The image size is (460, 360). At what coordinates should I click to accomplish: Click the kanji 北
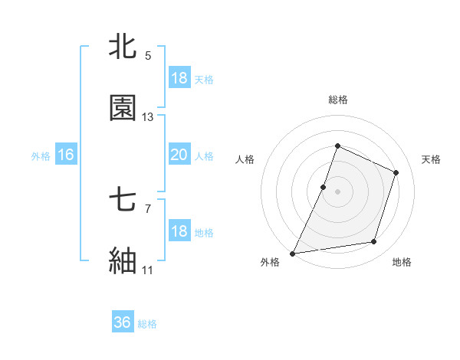pyautogui.click(x=123, y=47)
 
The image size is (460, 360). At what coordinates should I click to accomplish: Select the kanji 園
pyautogui.click(x=123, y=108)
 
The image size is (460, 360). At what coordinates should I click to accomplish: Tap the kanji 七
pyautogui.click(x=123, y=201)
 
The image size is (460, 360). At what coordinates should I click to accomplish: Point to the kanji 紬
pyautogui.click(x=123, y=261)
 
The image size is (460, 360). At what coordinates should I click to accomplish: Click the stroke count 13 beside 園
pyautogui.click(x=148, y=117)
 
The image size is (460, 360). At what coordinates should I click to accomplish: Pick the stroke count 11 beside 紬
pyautogui.click(x=148, y=270)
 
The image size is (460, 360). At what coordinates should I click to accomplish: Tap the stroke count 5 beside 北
pyautogui.click(x=148, y=55)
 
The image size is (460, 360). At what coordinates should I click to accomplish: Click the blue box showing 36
pyautogui.click(x=123, y=322)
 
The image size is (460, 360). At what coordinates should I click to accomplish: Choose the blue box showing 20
pyautogui.click(x=179, y=155)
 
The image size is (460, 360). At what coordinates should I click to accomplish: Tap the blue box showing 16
pyautogui.click(x=66, y=155)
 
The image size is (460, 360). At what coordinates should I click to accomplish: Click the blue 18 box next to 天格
pyautogui.click(x=179, y=78)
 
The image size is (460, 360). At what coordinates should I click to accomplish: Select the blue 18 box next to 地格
pyautogui.click(x=179, y=231)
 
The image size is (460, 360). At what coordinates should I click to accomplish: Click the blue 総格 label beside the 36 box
pyautogui.click(x=147, y=324)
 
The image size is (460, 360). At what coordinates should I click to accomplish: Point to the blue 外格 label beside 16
pyautogui.click(x=41, y=156)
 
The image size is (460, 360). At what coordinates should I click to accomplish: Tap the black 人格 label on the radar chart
pyautogui.click(x=245, y=159)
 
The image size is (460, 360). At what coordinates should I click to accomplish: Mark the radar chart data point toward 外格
pyautogui.click(x=293, y=253)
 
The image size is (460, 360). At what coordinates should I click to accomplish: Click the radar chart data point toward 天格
pyautogui.click(x=396, y=172)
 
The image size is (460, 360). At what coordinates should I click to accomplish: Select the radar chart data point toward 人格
pyautogui.click(x=324, y=187)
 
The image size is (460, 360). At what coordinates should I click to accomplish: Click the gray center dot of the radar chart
pyautogui.click(x=337, y=191)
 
